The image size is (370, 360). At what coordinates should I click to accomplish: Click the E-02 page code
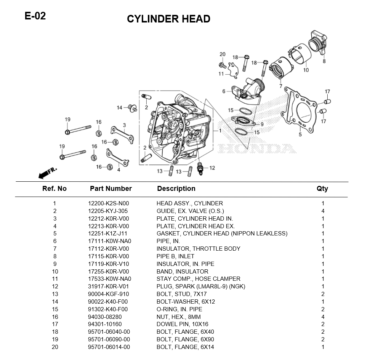point(35,16)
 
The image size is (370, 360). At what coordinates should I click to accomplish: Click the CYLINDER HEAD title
point(168,19)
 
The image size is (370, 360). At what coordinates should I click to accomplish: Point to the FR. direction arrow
point(47,173)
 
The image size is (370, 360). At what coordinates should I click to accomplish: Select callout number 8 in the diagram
point(324,61)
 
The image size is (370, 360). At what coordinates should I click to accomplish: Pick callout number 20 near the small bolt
point(223,54)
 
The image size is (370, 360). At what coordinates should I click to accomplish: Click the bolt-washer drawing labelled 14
point(132,108)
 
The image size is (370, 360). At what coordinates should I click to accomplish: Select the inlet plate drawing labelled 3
point(122,135)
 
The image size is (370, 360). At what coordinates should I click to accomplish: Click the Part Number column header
point(111,189)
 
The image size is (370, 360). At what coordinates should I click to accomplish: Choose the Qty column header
point(322,189)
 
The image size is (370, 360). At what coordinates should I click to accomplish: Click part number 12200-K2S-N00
point(109,203)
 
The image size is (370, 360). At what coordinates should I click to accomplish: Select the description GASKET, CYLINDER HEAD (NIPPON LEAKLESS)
point(222,234)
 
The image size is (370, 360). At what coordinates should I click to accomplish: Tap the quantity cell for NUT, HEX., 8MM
point(323,317)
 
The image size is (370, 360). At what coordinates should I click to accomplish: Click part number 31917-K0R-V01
point(109,286)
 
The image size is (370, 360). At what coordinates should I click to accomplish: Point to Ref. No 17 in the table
point(55,324)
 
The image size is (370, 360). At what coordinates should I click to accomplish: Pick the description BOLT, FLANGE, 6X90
point(185,339)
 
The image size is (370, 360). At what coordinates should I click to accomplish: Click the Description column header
point(176,189)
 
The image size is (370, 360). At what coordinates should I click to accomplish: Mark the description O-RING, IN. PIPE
point(179,309)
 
